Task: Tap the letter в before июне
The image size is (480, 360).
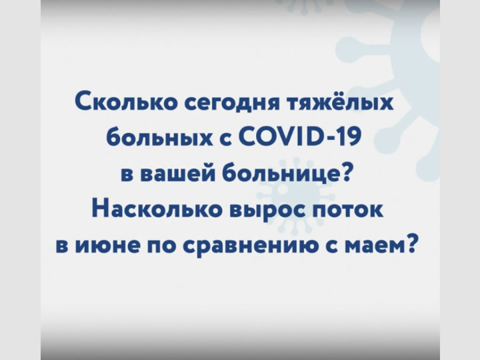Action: [62, 247]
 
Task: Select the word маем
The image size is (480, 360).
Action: [371, 247]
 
